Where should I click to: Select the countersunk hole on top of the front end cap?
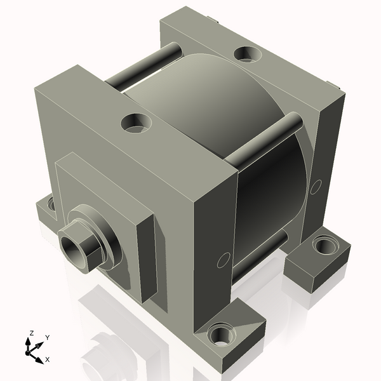(135, 122)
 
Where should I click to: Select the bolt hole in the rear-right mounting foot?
(325, 244)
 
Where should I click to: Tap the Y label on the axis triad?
(47, 338)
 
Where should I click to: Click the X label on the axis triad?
(48, 359)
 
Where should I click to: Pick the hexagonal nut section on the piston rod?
(83, 244)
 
